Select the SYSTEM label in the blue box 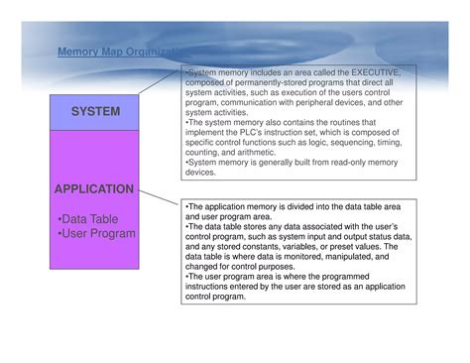click(x=95, y=112)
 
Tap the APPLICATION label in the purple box click(x=95, y=188)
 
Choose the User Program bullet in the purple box click(x=96, y=234)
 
